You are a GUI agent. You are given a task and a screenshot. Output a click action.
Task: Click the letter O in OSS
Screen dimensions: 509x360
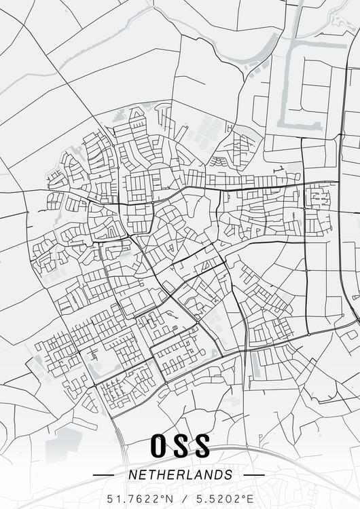click(x=158, y=447)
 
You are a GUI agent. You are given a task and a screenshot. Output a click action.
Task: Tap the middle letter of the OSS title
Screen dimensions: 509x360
click(x=180, y=447)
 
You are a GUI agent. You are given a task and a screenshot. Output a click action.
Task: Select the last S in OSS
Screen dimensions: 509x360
click(x=202, y=447)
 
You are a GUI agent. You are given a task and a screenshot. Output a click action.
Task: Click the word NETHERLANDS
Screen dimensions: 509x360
click(x=180, y=475)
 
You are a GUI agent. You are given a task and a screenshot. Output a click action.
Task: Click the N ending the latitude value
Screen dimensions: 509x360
click(x=170, y=499)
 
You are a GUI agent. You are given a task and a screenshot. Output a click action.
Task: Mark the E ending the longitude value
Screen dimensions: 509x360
click(x=250, y=499)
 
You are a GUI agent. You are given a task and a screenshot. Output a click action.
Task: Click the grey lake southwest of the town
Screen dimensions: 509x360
click(x=64, y=441)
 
